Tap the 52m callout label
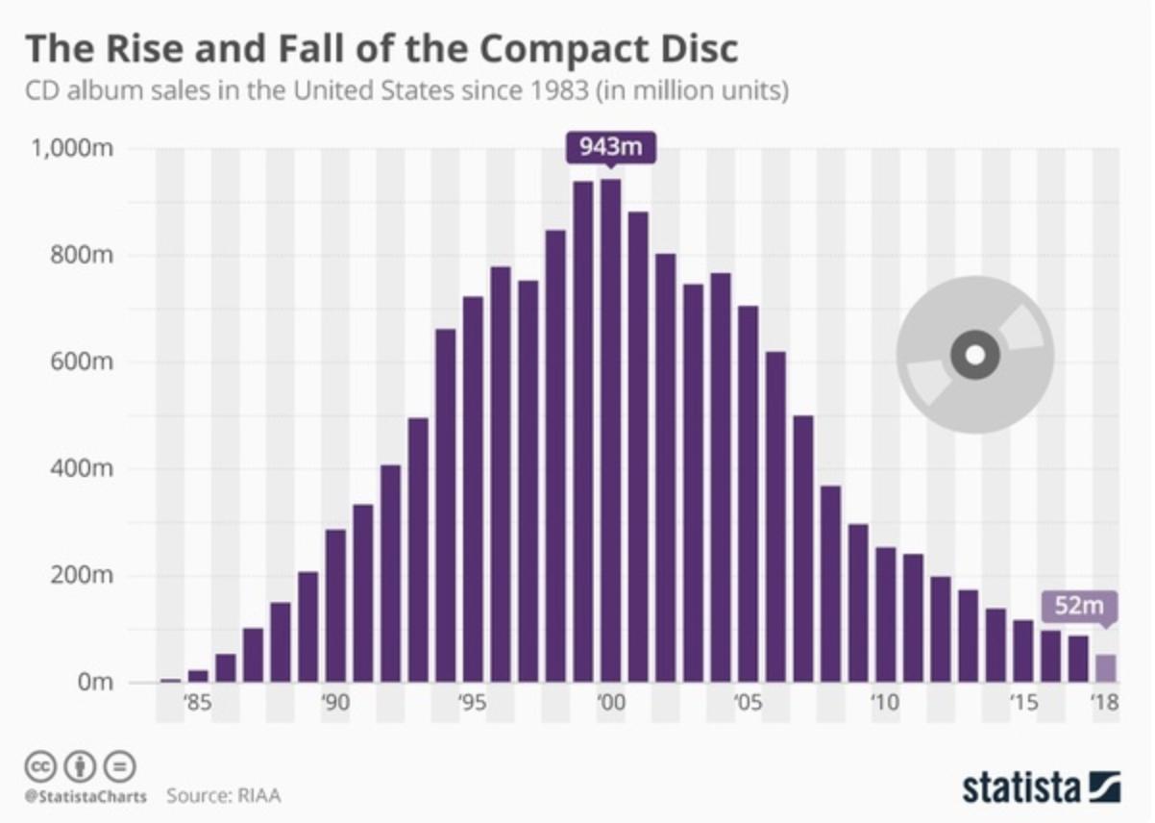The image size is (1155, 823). pos(1079,607)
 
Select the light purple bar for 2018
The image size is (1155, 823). pos(1105,668)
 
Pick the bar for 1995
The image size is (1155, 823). pos(473,489)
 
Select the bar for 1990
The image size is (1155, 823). pos(335,606)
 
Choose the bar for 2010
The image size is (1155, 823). pos(885,614)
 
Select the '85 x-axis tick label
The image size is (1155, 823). pos(197,703)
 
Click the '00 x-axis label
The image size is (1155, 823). pos(610,703)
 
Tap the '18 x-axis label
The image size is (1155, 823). pos(1105,703)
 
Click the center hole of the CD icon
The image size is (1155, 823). pos(974,356)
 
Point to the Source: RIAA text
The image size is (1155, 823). pos(224,796)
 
